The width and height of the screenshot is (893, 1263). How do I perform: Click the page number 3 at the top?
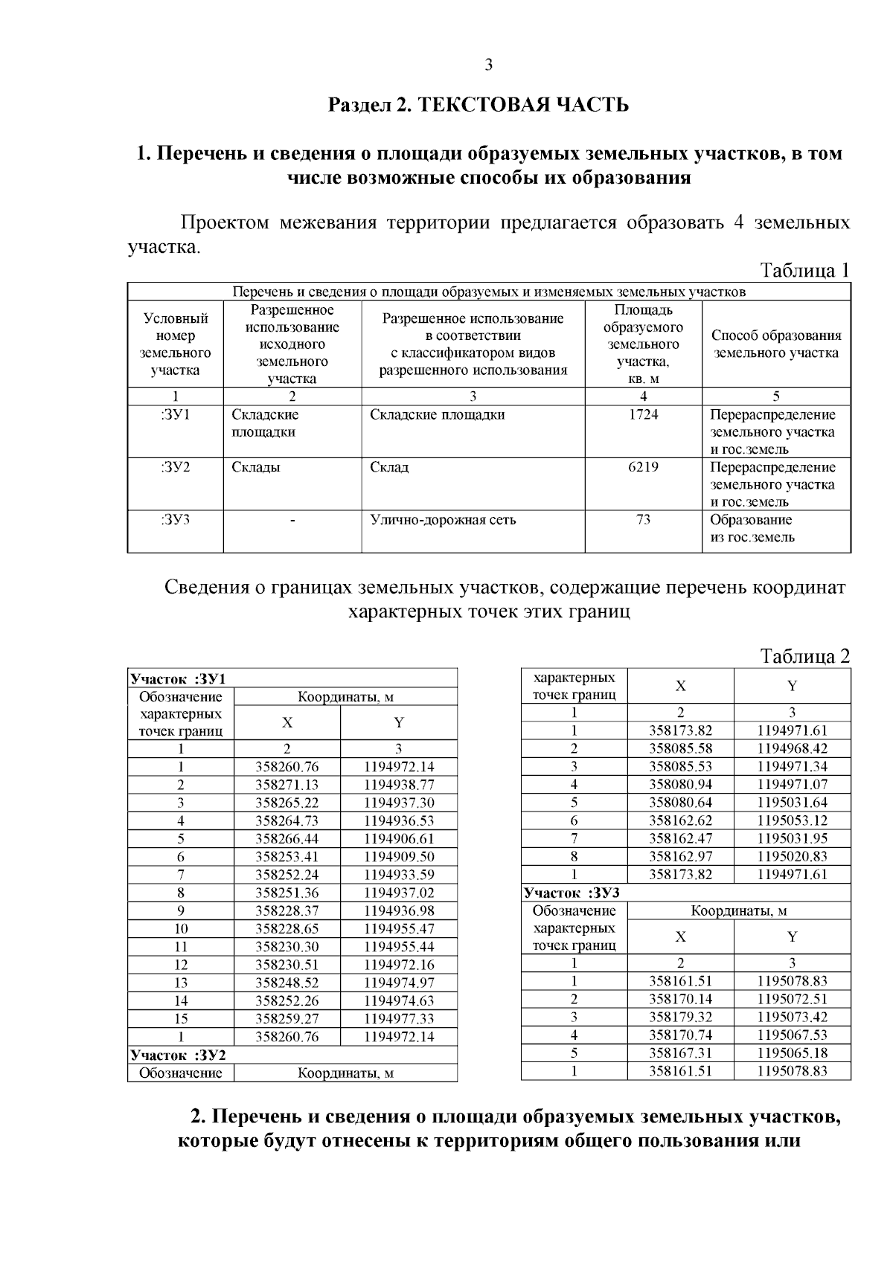489,65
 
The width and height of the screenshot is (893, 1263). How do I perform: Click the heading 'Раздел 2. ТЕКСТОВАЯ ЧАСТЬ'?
479,105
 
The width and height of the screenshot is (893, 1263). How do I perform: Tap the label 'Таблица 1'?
804,270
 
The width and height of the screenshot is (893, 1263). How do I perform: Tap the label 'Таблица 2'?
804,656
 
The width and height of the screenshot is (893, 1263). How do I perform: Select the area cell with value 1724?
643,415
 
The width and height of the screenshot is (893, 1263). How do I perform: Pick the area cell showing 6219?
643,468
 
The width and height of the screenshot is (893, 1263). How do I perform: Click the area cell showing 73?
643,520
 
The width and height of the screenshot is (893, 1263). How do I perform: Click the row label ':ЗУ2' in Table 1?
175,468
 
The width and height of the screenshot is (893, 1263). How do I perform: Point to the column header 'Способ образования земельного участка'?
776,344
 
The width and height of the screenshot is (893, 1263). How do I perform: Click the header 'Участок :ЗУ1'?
178,678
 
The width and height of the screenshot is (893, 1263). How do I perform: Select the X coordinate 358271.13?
287,785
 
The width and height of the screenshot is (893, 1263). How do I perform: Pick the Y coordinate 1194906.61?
399,839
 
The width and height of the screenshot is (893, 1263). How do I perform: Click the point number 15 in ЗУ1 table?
180,1019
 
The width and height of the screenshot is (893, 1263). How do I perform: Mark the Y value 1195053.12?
792,820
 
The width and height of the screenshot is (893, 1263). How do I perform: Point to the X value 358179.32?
680,1018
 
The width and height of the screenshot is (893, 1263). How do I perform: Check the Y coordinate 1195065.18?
792,1053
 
